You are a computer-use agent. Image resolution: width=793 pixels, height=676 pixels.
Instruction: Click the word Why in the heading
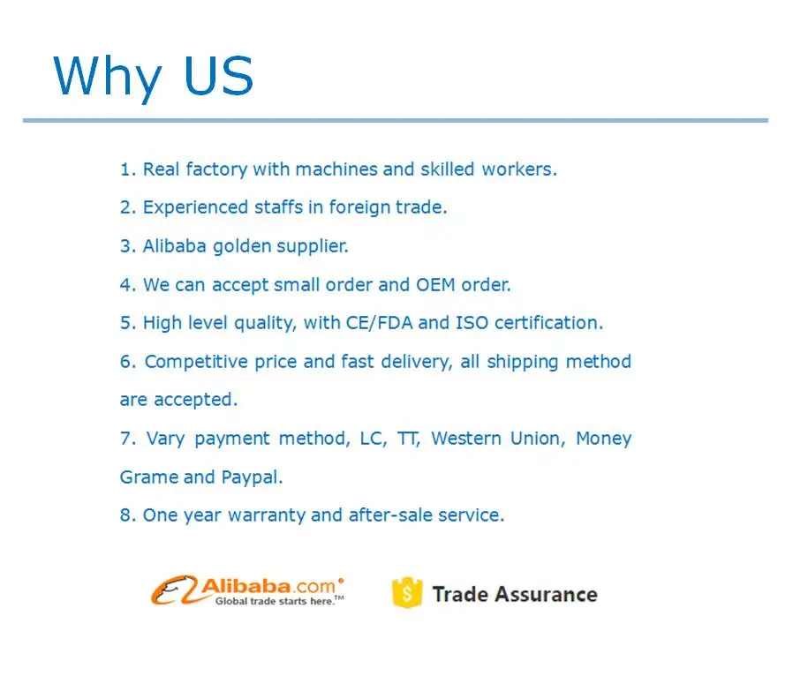107,77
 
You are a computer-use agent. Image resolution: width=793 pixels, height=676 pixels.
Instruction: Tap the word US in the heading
218,75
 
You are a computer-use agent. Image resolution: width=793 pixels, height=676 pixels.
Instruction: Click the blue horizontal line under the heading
396,120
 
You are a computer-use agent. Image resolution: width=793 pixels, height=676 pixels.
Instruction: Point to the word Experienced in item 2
195,207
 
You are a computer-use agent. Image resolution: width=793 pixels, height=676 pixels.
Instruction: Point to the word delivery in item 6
416,362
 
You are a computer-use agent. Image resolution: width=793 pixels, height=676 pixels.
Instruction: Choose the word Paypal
252,477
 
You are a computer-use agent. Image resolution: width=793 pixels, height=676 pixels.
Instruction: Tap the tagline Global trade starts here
276,601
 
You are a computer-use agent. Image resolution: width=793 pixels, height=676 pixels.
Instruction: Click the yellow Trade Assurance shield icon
407,592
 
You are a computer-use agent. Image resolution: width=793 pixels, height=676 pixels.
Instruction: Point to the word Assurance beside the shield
547,595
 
